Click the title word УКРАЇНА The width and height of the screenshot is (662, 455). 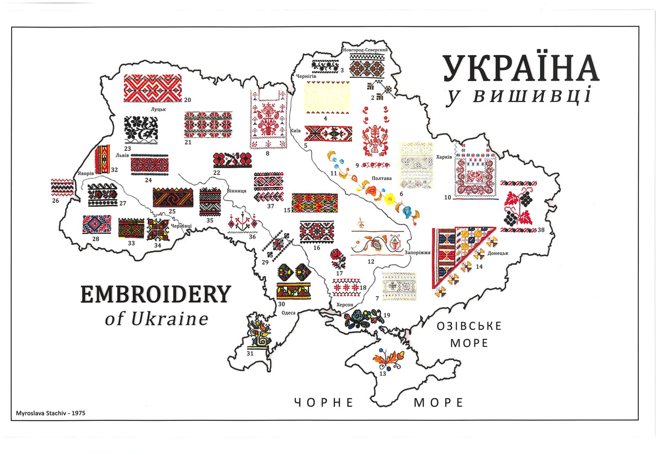pos(520,68)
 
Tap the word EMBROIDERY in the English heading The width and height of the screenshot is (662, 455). pos(154,294)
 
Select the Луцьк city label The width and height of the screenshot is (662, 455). pos(158,109)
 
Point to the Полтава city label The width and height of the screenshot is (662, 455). pos(382,178)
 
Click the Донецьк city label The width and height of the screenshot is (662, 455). pos(498,254)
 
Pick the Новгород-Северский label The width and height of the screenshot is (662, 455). pos(366,50)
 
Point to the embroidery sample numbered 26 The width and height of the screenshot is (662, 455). pos(62,188)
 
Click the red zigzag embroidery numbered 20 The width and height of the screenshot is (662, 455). pos(152,88)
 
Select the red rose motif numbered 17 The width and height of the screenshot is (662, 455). pos(338,258)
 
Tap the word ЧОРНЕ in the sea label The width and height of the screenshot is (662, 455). pos(323,402)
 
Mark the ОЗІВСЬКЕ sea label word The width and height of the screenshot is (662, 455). pos(469,325)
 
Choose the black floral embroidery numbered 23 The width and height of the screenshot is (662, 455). pos(141,129)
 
